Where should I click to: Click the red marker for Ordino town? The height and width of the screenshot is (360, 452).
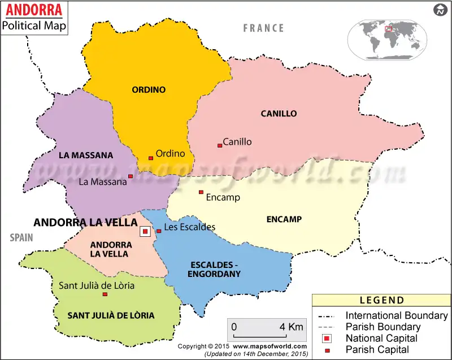[x=151, y=158]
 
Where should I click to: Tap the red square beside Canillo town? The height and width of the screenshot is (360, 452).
[x=220, y=145]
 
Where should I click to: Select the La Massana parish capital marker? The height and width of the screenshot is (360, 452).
[x=131, y=176]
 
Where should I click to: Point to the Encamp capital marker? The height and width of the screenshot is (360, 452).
[x=201, y=192]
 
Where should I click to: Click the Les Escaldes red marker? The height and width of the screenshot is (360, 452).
[x=159, y=231]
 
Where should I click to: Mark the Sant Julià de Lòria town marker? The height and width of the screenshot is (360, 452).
[x=105, y=294]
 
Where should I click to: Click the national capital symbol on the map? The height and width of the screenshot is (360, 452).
[x=145, y=231]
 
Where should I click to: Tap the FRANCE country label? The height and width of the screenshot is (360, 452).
[x=263, y=28]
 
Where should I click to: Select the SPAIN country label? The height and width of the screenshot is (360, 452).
[x=21, y=238]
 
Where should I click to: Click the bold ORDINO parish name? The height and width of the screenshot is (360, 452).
[x=149, y=89]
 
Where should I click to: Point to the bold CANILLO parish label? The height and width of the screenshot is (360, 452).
[x=279, y=114]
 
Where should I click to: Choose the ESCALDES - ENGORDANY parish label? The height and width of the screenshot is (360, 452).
[x=216, y=269]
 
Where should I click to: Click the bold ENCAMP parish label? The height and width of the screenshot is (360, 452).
[x=284, y=219]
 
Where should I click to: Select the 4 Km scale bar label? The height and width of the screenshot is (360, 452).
[x=291, y=327]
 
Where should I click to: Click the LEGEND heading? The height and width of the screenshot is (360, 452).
[x=382, y=300]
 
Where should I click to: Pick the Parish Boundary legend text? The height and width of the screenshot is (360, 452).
[x=383, y=327]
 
